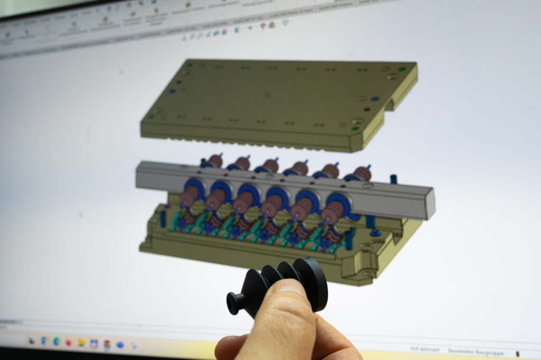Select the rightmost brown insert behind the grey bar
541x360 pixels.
click(362, 173)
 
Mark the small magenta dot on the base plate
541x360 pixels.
click(167, 207)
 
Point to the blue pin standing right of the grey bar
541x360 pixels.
click(394, 179)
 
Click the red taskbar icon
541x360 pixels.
click(107, 344)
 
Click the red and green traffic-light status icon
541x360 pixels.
click(517, 353)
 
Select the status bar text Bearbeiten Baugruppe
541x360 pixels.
click(475, 351)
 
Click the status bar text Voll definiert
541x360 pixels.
click(424, 349)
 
